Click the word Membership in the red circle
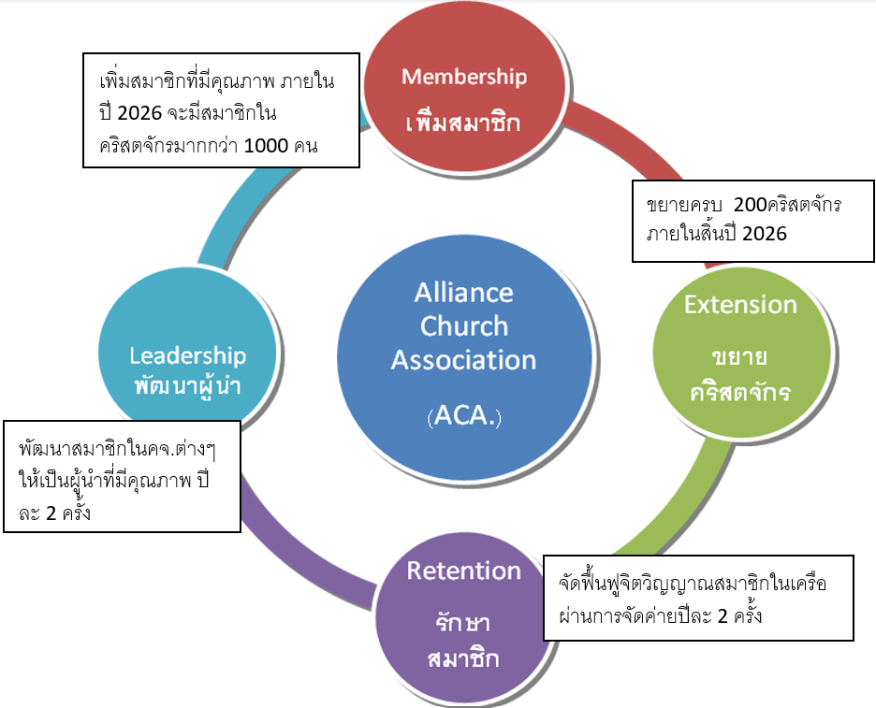[x=464, y=77]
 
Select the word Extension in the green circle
[x=740, y=304]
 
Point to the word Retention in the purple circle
[x=463, y=571]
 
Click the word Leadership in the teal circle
[x=187, y=355]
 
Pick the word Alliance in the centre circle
[x=464, y=292]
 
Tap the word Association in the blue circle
[x=464, y=360]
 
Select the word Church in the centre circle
[x=464, y=326]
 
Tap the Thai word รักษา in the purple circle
[x=463, y=623]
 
